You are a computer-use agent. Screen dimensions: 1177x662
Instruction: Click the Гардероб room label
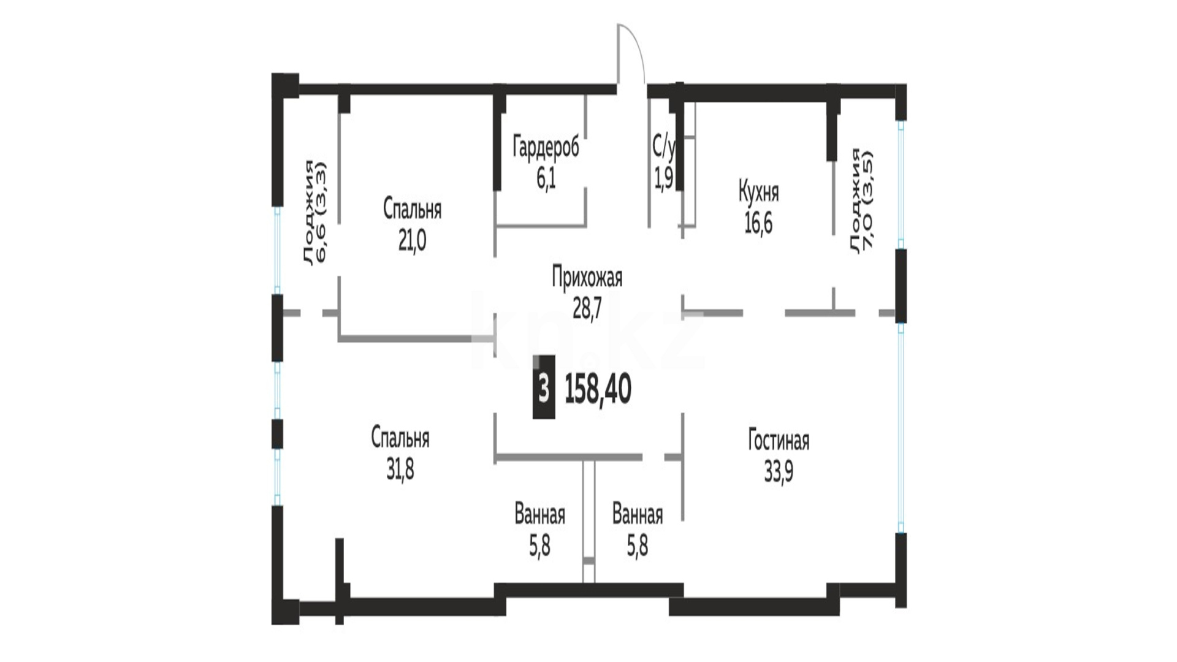tap(546, 148)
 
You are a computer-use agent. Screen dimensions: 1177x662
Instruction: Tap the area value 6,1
tap(546, 179)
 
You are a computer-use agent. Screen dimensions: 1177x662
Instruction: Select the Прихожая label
tap(587, 278)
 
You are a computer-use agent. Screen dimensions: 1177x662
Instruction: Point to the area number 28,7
tap(587, 309)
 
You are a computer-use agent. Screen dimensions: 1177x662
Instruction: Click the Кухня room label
tap(758, 193)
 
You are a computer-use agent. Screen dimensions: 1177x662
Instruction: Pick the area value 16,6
tap(758, 224)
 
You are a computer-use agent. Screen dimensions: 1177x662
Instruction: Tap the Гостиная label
tap(779, 441)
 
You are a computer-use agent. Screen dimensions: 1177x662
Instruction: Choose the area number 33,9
tap(779, 472)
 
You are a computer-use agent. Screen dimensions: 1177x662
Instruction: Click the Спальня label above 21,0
tap(412, 210)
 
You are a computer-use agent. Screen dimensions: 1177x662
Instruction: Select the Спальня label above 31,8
tap(400, 439)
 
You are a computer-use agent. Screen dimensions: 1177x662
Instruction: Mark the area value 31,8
tap(400, 470)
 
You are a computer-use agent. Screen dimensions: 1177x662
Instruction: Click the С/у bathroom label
tap(663, 147)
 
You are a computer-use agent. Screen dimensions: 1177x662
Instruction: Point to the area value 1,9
tap(664, 178)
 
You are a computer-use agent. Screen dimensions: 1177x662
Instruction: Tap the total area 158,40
tap(598, 390)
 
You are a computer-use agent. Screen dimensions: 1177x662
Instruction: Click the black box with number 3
tap(544, 387)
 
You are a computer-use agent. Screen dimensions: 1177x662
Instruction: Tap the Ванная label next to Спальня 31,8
tap(539, 516)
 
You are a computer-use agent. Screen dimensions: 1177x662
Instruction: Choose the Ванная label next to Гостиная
tap(638, 516)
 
